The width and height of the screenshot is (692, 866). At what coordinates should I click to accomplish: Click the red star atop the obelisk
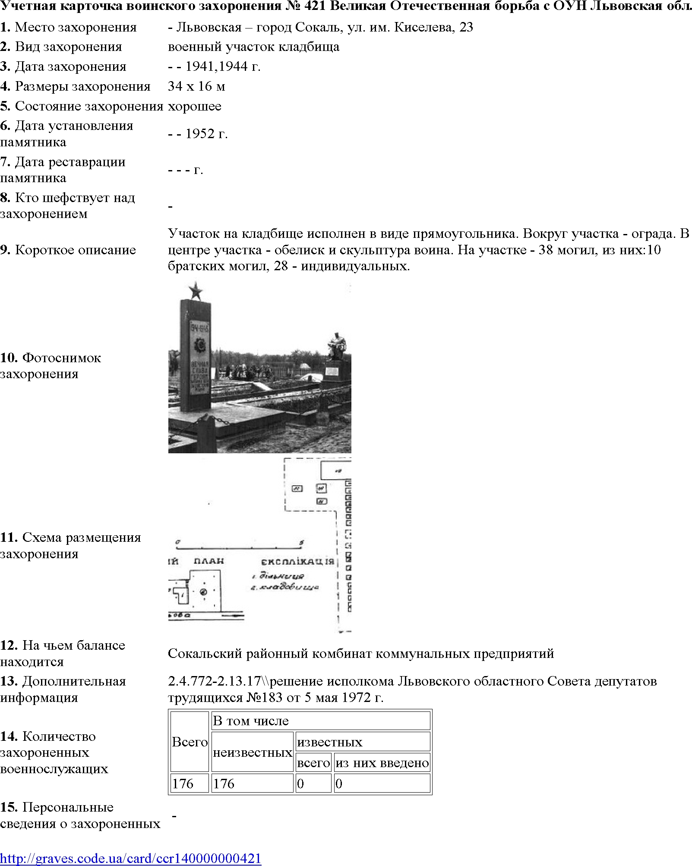click(196, 291)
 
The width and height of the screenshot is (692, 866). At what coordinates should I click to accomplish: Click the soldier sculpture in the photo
click(337, 345)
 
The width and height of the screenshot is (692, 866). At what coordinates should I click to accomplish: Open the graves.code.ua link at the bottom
click(130, 858)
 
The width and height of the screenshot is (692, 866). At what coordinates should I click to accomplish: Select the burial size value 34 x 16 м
click(196, 86)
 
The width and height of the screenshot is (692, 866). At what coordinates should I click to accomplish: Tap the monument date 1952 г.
click(206, 134)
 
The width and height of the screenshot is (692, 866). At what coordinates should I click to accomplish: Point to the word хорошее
click(194, 106)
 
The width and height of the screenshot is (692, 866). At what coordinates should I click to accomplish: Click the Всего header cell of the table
click(190, 742)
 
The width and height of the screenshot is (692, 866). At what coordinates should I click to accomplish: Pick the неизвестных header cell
click(253, 752)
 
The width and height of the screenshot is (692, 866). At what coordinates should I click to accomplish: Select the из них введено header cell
click(382, 763)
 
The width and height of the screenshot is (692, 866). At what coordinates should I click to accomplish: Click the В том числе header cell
click(251, 721)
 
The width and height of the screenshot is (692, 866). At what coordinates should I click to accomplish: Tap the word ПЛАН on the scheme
click(209, 561)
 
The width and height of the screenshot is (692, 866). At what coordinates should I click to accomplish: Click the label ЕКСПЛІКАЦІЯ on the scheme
click(297, 562)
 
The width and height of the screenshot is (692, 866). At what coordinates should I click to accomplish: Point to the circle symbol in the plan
click(203, 592)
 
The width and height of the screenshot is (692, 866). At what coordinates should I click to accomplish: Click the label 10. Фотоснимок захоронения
click(50, 366)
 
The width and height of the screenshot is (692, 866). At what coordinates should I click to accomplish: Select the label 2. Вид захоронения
click(61, 47)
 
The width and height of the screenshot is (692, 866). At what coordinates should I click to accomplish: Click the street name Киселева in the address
click(423, 27)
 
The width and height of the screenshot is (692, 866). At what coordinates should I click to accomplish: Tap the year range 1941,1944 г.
click(223, 66)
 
